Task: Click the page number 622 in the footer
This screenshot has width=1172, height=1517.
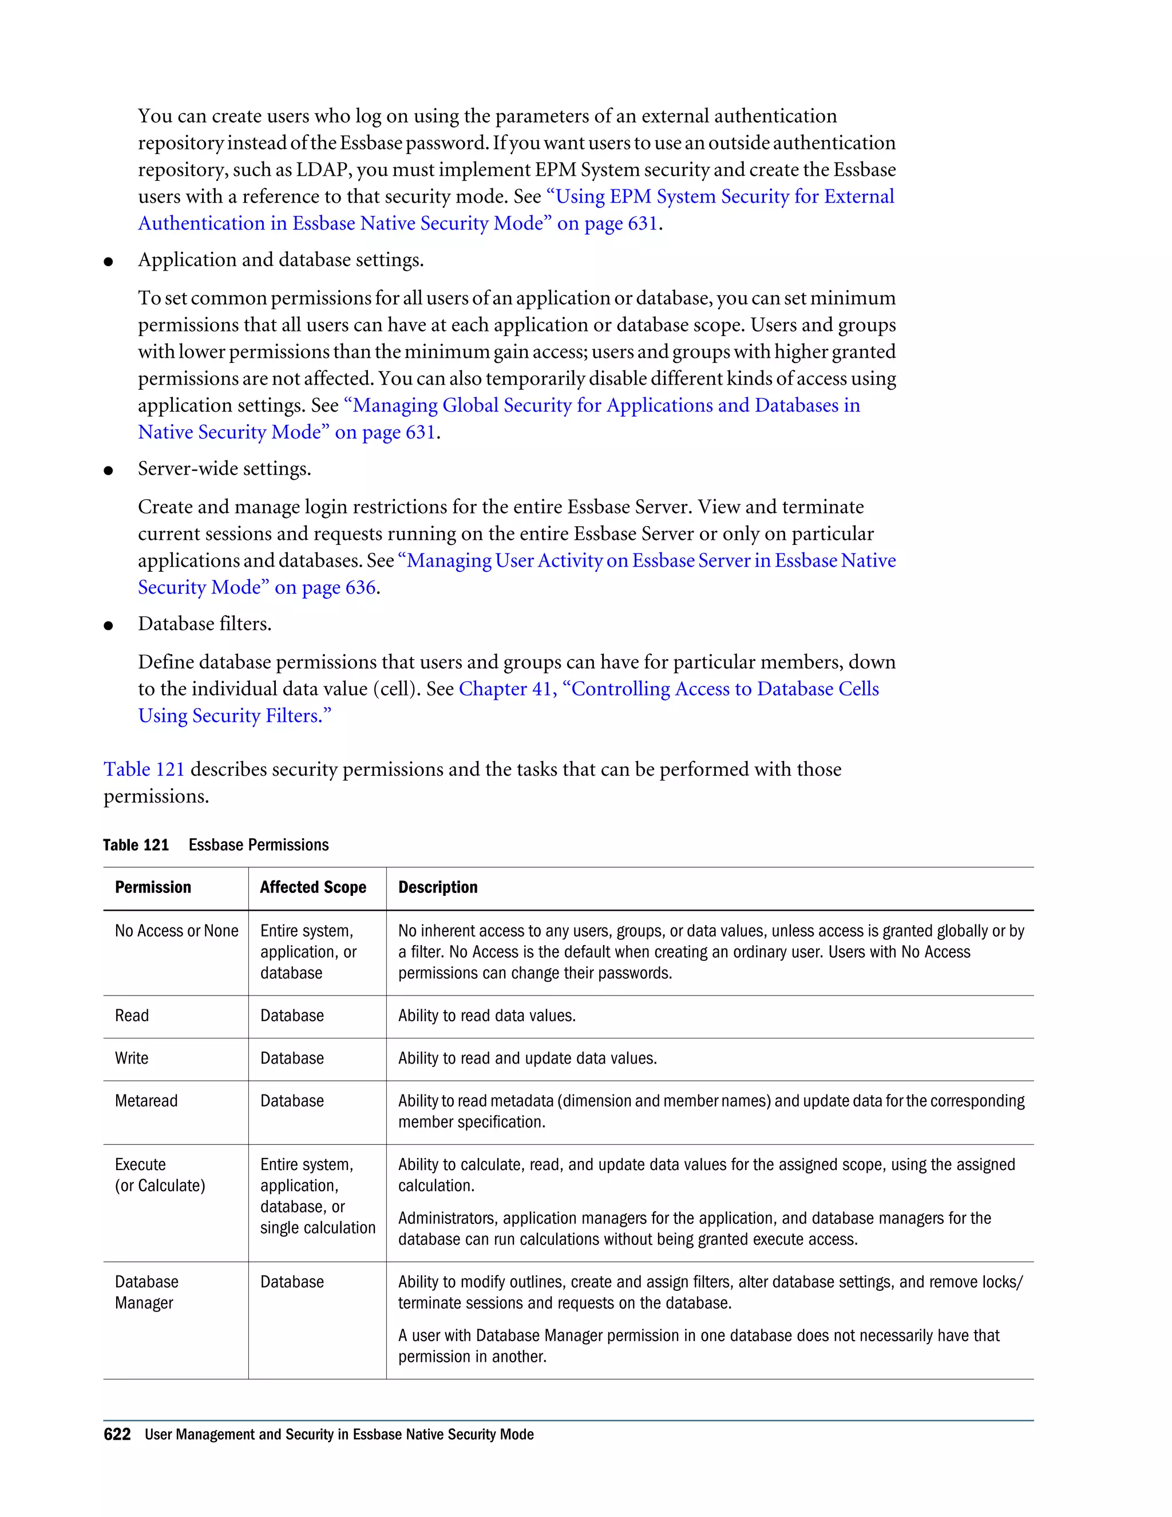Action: [x=117, y=1435]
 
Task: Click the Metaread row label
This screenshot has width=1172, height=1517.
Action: [x=146, y=1101]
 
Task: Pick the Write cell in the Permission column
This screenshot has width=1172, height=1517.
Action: [x=132, y=1058]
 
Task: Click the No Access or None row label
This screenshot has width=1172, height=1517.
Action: [x=176, y=931]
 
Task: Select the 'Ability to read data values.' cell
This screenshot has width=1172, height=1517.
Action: [x=487, y=1016]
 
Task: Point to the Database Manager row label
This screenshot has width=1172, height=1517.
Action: [x=146, y=1292]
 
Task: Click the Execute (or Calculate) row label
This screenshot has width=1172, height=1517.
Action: [x=160, y=1175]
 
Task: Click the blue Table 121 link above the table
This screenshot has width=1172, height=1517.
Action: [x=144, y=769]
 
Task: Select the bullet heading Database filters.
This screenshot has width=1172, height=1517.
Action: [x=204, y=624]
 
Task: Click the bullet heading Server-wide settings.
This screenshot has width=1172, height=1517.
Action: [x=224, y=469]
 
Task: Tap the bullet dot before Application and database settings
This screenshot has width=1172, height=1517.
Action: [x=108, y=262]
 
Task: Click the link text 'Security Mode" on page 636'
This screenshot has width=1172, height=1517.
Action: [x=257, y=588]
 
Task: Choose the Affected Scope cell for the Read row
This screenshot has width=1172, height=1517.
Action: [x=292, y=1016]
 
